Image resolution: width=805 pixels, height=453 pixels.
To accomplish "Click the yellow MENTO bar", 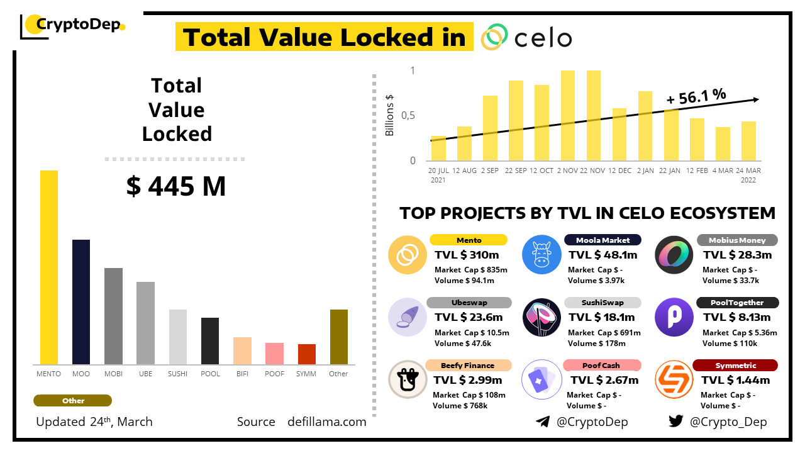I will [x=49, y=267].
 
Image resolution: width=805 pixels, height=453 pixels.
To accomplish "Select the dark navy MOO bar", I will [x=81, y=302].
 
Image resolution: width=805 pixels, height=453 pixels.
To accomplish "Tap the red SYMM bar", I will [x=307, y=354].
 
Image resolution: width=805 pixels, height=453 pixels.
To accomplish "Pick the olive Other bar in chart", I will [x=339, y=337].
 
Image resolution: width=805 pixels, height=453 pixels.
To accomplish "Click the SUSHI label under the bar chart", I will [x=177, y=374].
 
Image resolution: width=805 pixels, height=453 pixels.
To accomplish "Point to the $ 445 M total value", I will [x=175, y=186].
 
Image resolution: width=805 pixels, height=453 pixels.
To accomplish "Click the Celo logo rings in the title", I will [x=494, y=37].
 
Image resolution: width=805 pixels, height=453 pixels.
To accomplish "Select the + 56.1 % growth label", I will [x=696, y=96].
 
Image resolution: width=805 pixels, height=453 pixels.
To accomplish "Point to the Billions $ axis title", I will [x=390, y=115].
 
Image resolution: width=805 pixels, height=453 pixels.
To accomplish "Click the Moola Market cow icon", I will [x=541, y=255].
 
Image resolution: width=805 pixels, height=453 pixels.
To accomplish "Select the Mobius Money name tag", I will [x=737, y=240].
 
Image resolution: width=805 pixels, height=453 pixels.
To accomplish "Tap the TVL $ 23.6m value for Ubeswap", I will [x=469, y=317].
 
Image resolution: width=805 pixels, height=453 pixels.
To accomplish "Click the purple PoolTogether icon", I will [x=674, y=317].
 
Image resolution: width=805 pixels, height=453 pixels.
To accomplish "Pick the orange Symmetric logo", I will [x=674, y=379].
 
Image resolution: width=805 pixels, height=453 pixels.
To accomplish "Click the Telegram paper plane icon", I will [x=543, y=422].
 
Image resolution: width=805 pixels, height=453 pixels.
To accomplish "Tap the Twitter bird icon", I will [x=676, y=422].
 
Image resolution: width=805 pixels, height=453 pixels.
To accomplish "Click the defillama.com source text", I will [x=327, y=422].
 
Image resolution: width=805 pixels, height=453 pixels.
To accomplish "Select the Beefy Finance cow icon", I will [x=408, y=379].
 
